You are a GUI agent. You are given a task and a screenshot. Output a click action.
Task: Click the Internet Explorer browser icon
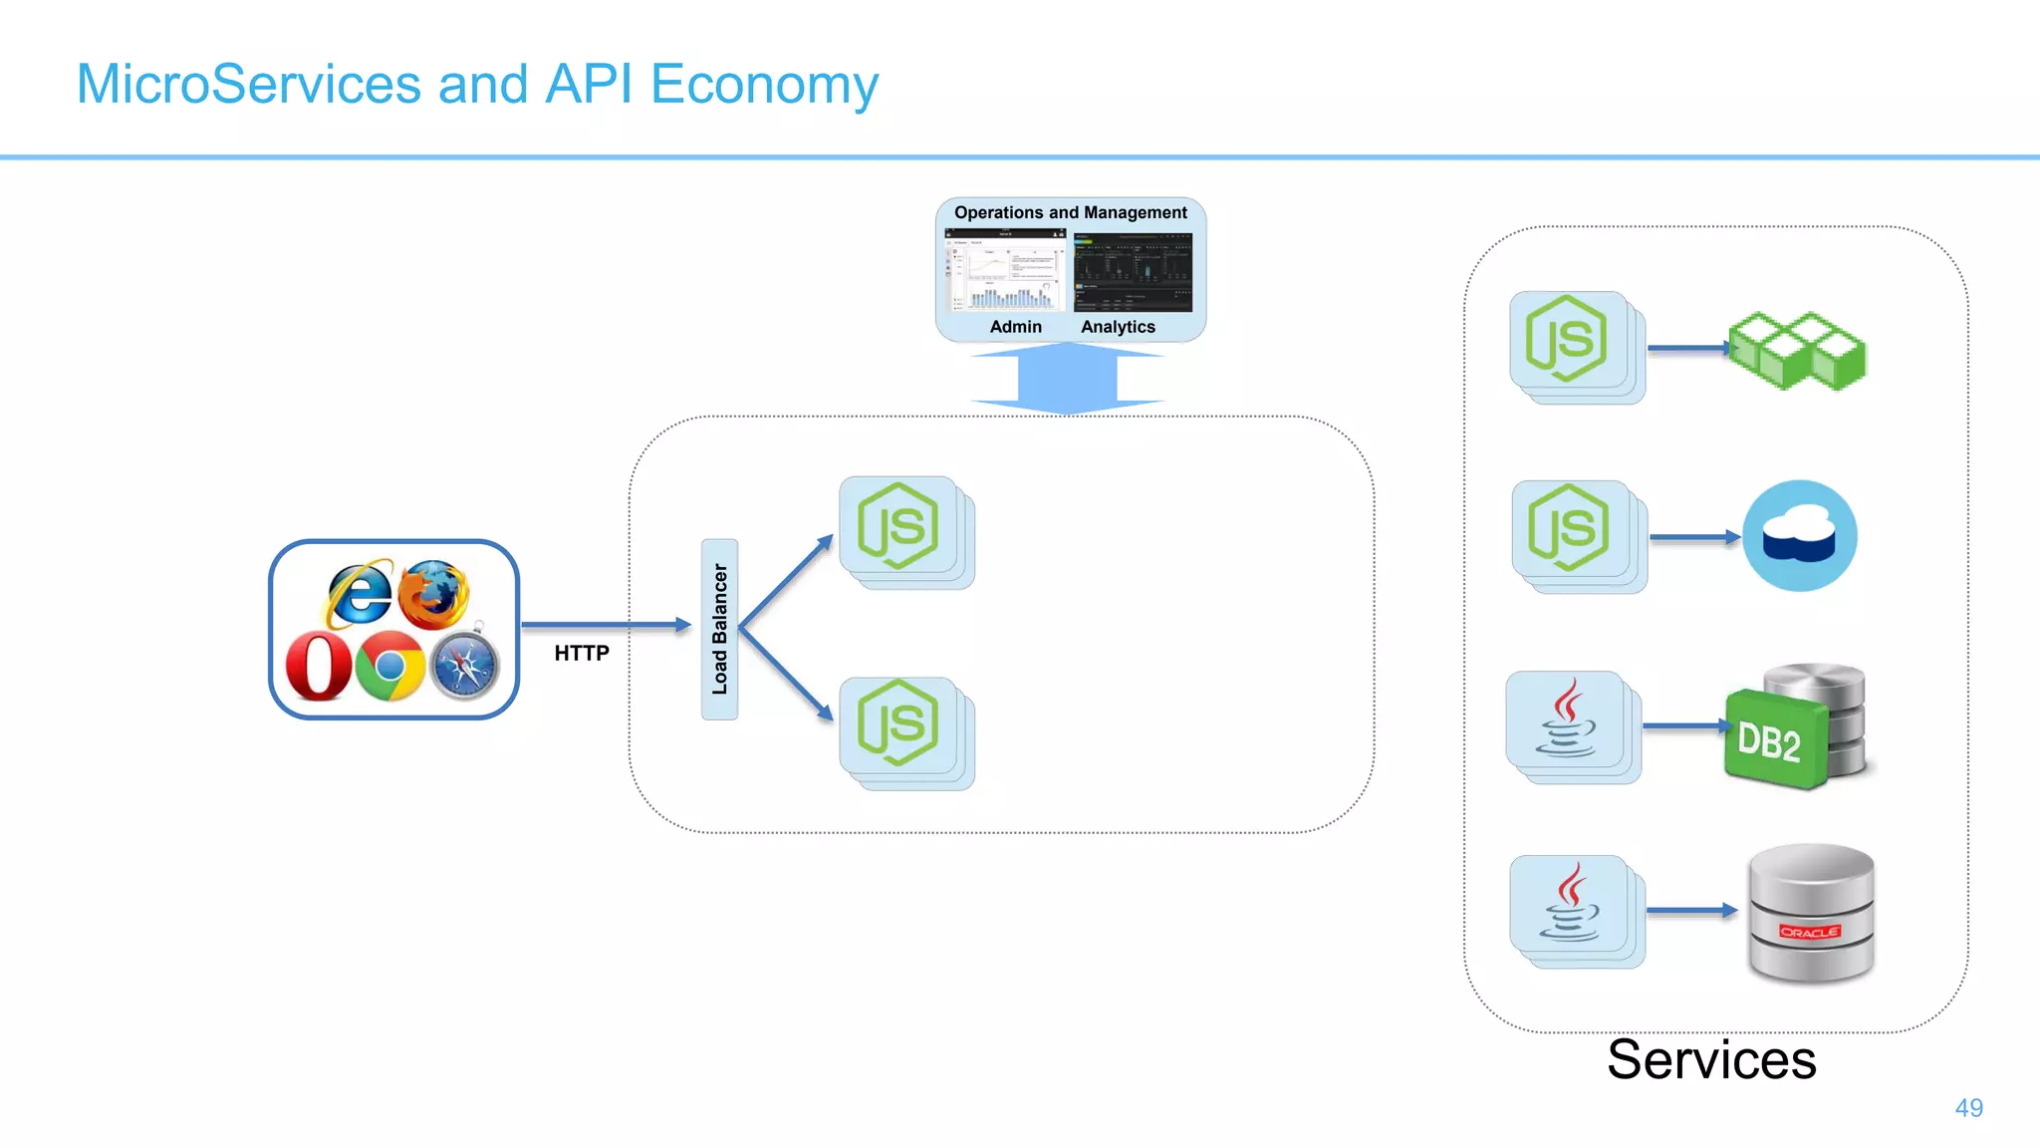[359, 594]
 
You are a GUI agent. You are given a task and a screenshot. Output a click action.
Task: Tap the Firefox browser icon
[433, 593]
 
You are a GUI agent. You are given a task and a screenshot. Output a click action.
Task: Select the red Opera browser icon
[319, 666]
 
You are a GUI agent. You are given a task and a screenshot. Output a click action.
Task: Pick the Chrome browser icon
[390, 666]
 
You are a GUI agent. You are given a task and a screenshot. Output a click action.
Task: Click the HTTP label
[582, 654]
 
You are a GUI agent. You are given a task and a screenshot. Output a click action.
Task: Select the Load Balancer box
[719, 629]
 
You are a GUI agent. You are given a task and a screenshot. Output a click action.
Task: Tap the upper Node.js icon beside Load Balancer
[897, 525]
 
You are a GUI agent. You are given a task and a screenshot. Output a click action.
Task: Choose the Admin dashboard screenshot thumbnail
[1005, 271]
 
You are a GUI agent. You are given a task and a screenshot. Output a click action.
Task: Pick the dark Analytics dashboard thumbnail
[1133, 272]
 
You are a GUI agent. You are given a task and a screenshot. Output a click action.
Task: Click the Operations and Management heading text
[1070, 212]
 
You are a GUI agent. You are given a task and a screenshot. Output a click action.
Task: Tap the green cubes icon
[1796, 351]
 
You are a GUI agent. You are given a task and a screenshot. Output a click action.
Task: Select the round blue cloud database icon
[1799, 536]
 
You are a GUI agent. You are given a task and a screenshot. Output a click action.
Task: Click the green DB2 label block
[1770, 740]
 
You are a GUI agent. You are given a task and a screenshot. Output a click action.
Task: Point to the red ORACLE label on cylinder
[1809, 932]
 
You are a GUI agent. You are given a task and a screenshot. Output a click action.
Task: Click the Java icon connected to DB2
[1567, 719]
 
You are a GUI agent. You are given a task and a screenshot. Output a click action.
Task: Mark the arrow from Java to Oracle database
[1690, 910]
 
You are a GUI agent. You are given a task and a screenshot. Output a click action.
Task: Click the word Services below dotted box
[1710, 1060]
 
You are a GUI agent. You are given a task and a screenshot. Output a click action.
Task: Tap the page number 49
[1968, 1108]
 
